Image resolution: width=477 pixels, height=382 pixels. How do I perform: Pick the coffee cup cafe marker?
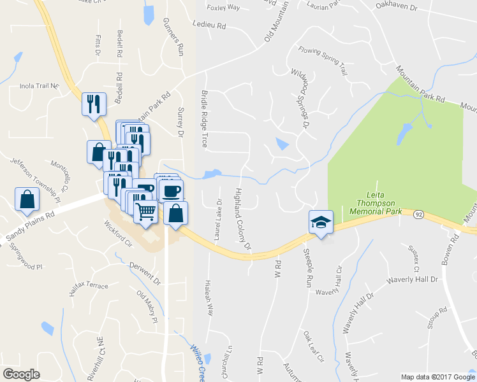point(171,191)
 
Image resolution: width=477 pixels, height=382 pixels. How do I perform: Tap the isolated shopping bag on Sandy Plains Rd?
point(27,199)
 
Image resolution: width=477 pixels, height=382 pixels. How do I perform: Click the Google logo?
point(21,374)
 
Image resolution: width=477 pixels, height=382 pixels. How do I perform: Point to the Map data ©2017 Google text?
point(437,377)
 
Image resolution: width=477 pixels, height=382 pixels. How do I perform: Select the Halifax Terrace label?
point(89,286)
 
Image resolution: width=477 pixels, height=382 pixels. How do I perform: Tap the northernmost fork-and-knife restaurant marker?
point(94,104)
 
